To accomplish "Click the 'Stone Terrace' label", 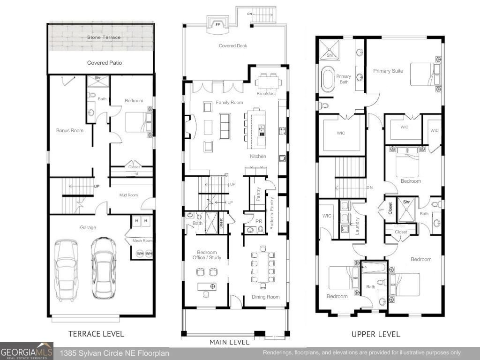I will [104, 37].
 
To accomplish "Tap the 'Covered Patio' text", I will [105, 63].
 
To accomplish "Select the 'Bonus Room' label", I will [70, 130].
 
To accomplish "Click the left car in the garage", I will [67, 270].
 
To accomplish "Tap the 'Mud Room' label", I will [128, 195].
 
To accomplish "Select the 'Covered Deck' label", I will [233, 46].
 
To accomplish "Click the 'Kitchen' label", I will [258, 156].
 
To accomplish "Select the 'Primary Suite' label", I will [388, 71].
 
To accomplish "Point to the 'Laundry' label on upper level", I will [357, 225].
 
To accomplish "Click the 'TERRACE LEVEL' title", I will [96, 334].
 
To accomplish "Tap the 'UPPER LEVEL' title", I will [376, 334].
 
